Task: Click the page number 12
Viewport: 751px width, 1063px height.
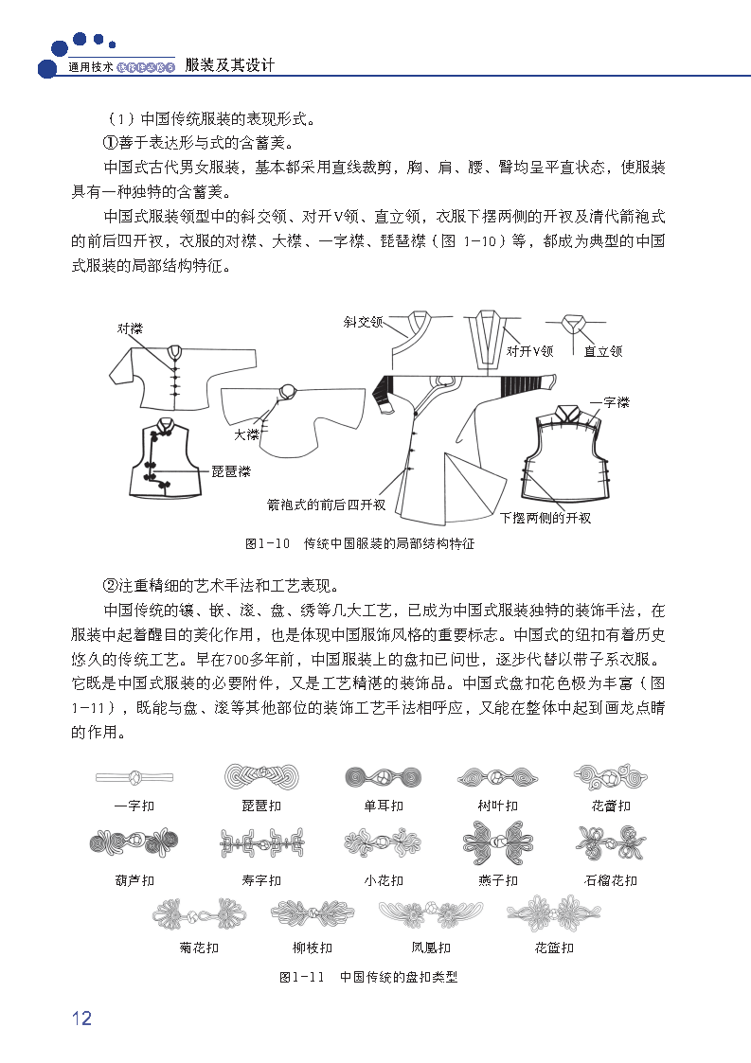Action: click(81, 1018)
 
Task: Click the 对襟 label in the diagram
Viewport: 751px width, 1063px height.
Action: click(130, 328)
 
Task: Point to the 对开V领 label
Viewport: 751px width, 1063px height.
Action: click(529, 351)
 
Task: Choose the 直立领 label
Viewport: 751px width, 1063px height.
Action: click(602, 351)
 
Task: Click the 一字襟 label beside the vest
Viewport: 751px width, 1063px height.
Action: click(610, 403)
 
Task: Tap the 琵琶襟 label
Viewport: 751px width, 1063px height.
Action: click(230, 470)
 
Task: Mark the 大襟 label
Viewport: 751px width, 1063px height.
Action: click(246, 434)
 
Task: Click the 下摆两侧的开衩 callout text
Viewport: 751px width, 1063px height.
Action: click(545, 518)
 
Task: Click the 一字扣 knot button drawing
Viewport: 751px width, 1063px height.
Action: click(134, 777)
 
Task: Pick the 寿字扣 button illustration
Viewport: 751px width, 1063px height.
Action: click(261, 842)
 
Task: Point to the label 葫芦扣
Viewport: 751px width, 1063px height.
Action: click(134, 880)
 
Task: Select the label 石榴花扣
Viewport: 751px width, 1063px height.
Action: click(611, 880)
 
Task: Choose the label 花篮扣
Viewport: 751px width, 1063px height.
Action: click(554, 948)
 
